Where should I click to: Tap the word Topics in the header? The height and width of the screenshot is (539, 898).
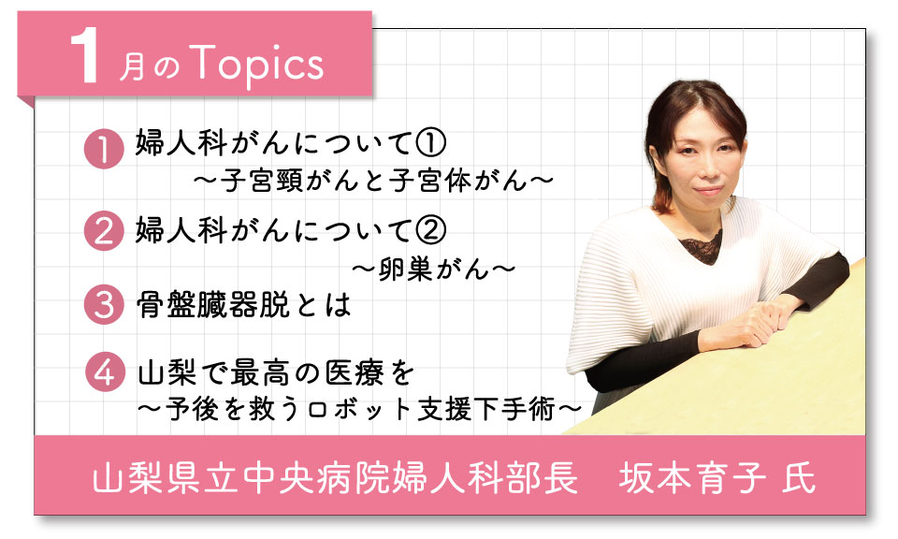[256, 65]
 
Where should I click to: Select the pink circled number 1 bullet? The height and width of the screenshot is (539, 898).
[104, 149]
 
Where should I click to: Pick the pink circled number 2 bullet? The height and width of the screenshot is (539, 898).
[104, 231]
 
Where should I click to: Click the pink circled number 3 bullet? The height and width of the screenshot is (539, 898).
[104, 304]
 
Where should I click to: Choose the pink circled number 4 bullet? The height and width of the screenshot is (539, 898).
[106, 372]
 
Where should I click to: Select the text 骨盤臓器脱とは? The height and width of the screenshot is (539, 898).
[243, 305]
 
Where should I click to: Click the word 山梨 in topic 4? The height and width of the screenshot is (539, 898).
[167, 373]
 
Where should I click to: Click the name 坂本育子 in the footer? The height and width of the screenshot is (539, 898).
[692, 477]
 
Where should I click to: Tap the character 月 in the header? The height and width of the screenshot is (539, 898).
[132, 67]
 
